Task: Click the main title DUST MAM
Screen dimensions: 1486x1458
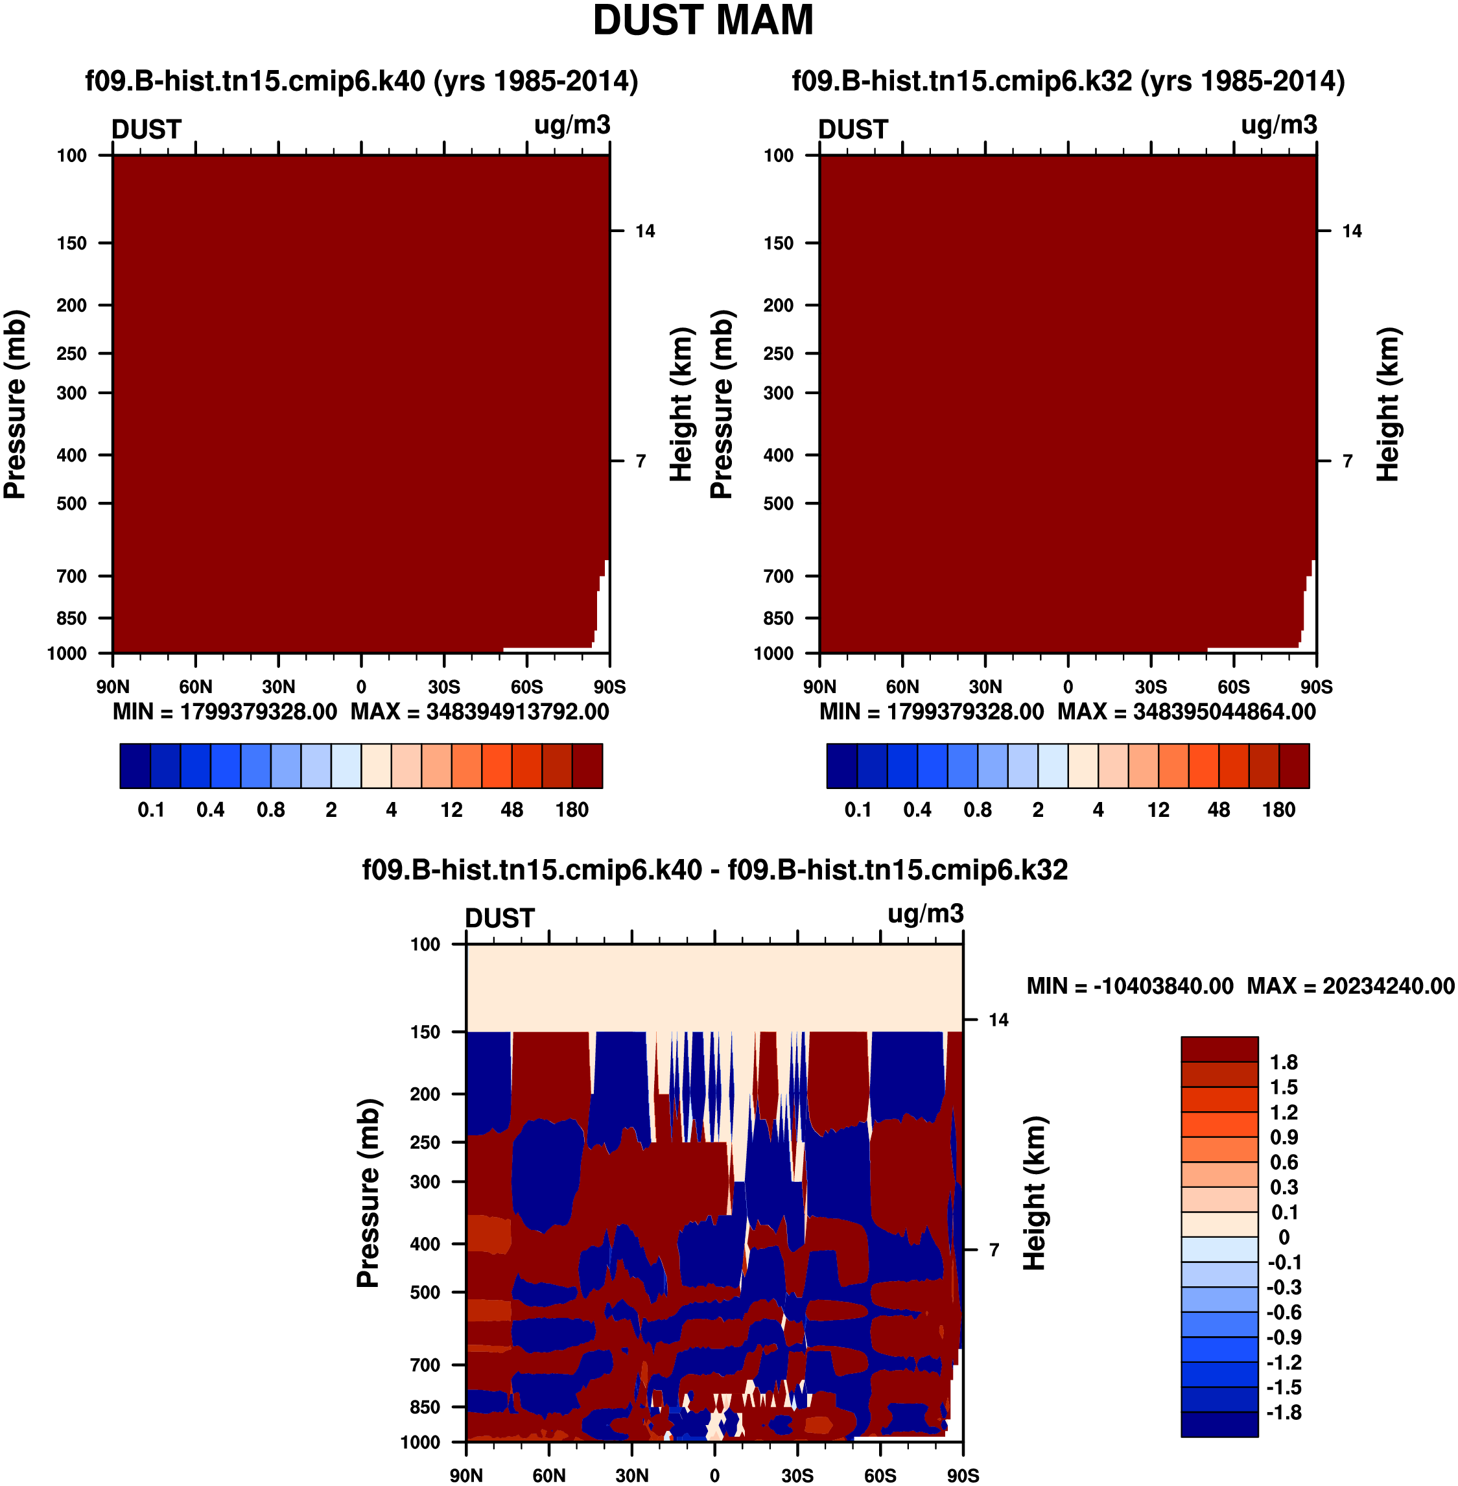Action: [x=702, y=21]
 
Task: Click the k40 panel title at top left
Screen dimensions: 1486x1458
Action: [x=362, y=81]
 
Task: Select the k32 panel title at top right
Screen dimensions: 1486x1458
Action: [x=1068, y=81]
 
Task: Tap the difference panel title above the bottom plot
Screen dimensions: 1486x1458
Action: [x=714, y=870]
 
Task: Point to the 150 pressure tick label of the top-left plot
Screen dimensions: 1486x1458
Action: [x=72, y=244]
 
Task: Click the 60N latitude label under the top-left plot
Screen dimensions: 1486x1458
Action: [x=196, y=687]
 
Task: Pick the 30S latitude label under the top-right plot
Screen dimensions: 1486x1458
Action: [x=1150, y=687]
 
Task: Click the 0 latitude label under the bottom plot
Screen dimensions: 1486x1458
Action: [x=714, y=1475]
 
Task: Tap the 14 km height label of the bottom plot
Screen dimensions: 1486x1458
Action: [x=998, y=1020]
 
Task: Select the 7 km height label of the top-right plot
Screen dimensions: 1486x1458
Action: [x=1348, y=461]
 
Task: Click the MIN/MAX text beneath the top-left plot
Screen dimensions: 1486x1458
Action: [x=360, y=713]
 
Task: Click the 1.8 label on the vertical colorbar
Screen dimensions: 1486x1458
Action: [x=1284, y=1063]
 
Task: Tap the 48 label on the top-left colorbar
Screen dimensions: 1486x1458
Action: [x=511, y=810]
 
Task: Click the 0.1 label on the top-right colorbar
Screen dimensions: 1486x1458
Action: [x=858, y=810]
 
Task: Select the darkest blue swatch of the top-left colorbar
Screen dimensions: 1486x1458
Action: [x=135, y=765]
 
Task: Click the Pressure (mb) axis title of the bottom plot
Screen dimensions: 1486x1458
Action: [x=368, y=1193]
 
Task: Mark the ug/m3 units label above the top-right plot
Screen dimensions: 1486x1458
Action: [x=1279, y=125]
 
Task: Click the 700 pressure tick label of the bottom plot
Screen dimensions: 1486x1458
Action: [x=426, y=1364]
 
